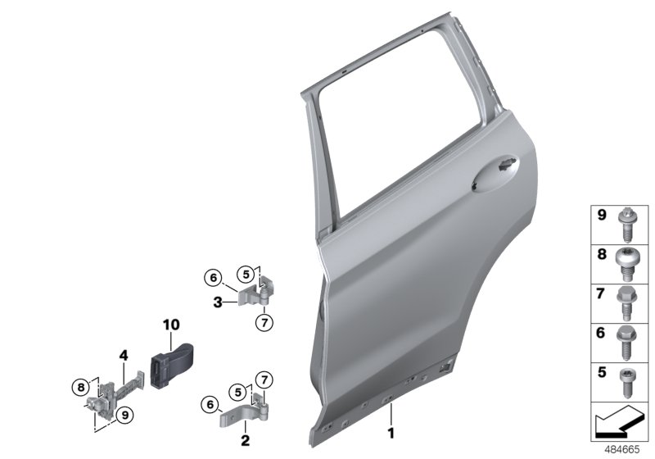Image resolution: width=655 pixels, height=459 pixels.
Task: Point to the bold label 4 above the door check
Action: (x=124, y=356)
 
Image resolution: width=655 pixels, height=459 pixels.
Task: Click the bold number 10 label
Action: (x=170, y=325)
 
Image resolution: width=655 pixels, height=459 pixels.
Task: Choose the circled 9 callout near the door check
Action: (x=125, y=415)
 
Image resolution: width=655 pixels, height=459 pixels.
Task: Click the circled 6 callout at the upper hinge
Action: (x=211, y=277)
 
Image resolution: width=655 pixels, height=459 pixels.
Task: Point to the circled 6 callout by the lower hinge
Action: (x=210, y=404)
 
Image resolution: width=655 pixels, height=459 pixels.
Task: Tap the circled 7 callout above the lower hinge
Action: (x=264, y=378)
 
